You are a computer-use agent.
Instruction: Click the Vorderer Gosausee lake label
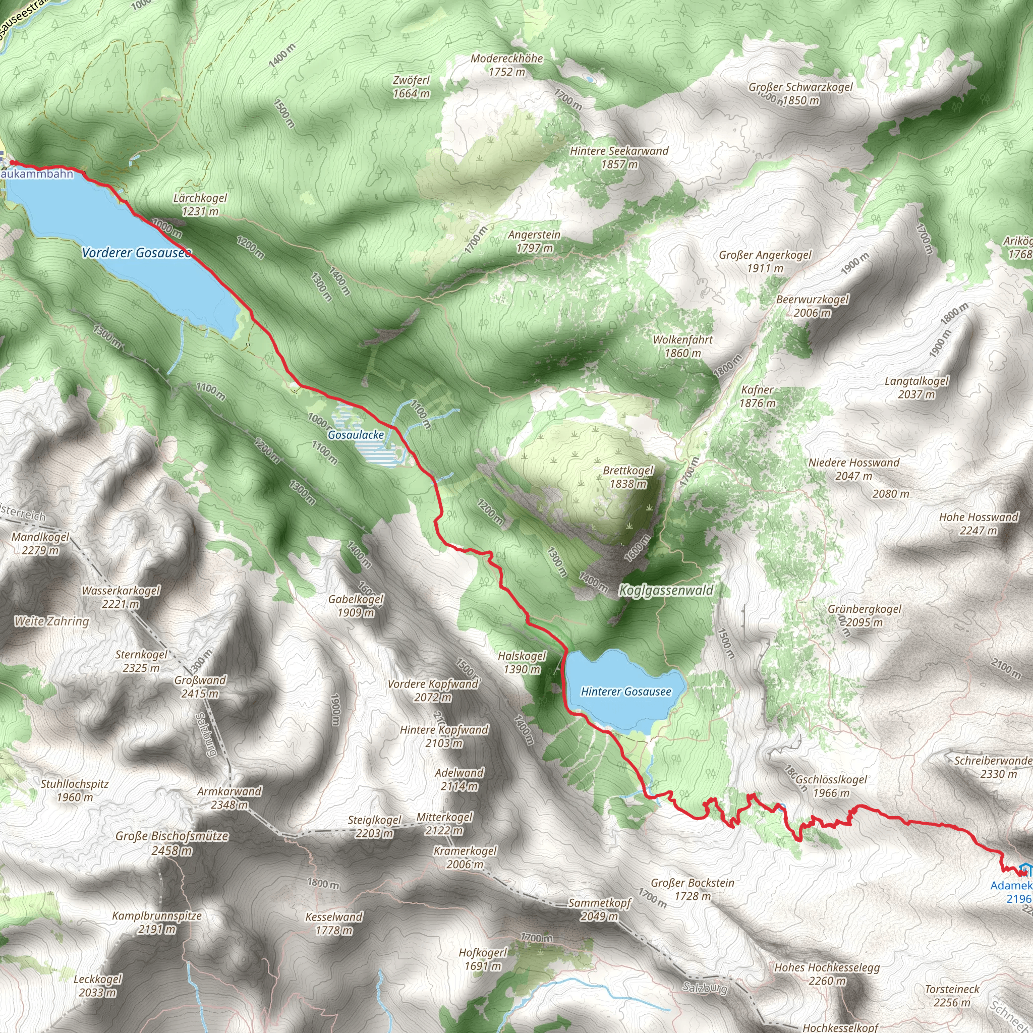click(136, 252)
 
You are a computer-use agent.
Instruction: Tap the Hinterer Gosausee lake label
click(625, 692)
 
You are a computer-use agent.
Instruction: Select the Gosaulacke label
click(356, 435)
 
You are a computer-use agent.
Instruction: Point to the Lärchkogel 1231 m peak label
click(200, 205)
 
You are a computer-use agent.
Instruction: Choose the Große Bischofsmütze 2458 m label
click(171, 843)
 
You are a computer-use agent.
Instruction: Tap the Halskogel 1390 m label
click(522, 662)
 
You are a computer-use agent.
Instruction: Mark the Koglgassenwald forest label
click(666, 590)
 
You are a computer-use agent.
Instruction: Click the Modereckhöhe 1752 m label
click(506, 65)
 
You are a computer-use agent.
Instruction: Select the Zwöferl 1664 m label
click(411, 87)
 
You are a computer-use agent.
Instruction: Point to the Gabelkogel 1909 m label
click(356, 606)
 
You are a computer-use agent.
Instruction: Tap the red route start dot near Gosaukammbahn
click(12, 162)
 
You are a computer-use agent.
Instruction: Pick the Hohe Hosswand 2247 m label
click(979, 524)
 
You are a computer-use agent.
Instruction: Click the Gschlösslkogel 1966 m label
click(831, 786)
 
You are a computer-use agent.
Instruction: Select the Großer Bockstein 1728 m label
click(693, 889)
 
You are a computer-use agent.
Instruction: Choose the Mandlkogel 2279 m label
click(40, 543)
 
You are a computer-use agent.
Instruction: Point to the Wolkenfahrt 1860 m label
click(683, 346)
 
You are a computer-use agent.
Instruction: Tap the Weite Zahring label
click(51, 621)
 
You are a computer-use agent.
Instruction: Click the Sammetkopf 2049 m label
click(599, 909)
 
